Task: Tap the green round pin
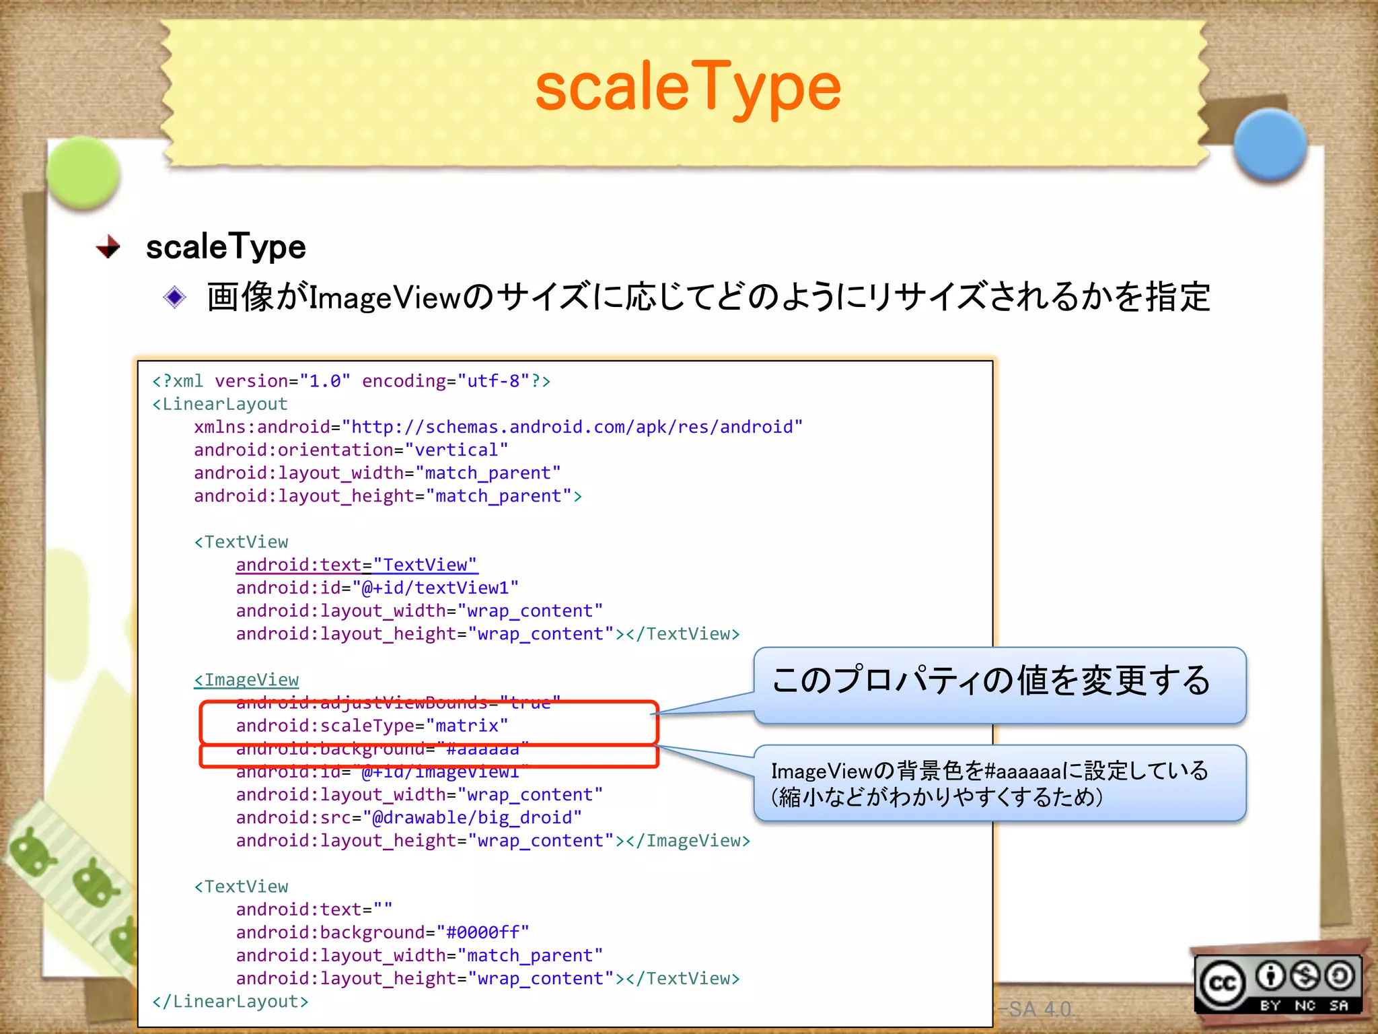pyautogui.click(x=83, y=172)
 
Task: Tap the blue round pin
pyautogui.click(x=1270, y=145)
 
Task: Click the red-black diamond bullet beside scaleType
pyautogui.click(x=108, y=246)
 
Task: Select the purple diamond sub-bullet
pyautogui.click(x=175, y=297)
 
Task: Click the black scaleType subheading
pyautogui.click(x=226, y=246)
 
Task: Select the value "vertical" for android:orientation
pyautogui.click(x=456, y=450)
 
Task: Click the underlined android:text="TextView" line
pyautogui.click(x=356, y=565)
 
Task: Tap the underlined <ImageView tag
pyautogui.click(x=246, y=680)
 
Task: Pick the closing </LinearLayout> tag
pyautogui.click(x=230, y=1002)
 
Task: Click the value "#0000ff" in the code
pyautogui.click(x=482, y=932)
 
